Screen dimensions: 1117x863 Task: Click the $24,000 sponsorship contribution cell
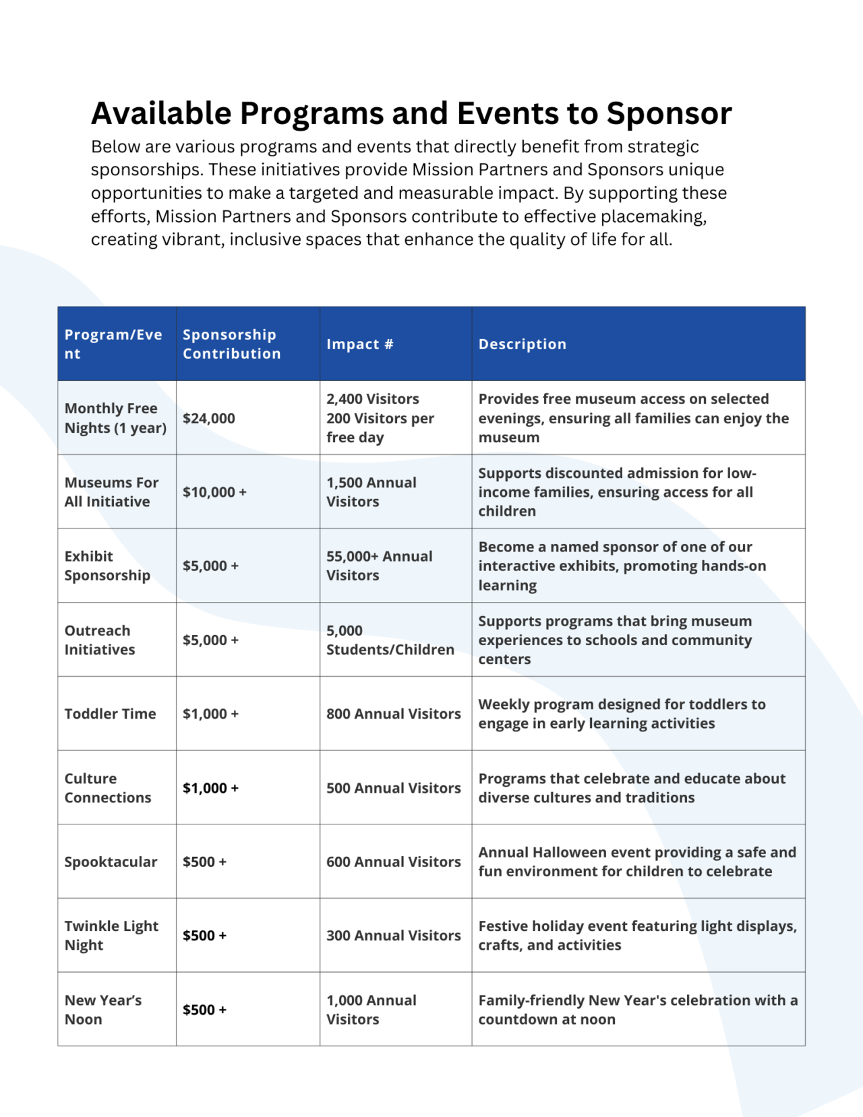point(209,418)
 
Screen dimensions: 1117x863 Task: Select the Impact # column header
point(360,344)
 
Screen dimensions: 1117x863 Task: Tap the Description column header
point(523,344)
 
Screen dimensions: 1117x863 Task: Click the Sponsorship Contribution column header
point(231,344)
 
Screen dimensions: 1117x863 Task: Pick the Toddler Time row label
point(110,713)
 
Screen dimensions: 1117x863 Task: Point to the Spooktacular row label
point(111,862)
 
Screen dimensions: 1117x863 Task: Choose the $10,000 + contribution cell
point(214,492)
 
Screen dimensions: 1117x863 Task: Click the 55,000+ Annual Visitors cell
point(380,566)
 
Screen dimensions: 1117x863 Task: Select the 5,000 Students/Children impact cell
point(390,640)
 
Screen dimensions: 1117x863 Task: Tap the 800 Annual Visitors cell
point(394,713)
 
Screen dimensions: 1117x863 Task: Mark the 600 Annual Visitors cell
point(394,862)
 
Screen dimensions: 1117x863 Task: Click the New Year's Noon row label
point(103,1009)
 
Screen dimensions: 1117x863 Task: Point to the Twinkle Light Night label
point(111,935)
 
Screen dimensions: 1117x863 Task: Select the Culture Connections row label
point(108,787)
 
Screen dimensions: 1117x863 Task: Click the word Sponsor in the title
point(669,113)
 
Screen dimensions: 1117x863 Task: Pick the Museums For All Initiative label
point(111,491)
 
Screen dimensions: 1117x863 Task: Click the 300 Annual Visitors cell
point(394,935)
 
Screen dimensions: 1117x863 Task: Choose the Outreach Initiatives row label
point(100,640)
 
